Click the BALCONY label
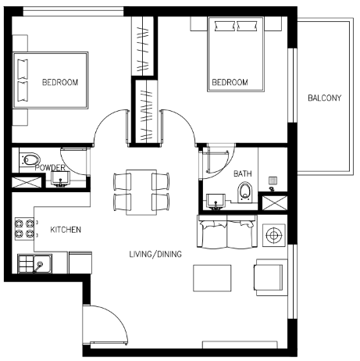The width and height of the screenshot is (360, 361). click(x=324, y=98)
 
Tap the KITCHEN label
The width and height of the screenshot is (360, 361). click(x=66, y=230)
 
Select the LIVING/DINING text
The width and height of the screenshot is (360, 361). click(x=155, y=254)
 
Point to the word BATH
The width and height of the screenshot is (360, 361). click(x=243, y=173)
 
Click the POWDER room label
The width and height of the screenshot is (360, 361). click(x=50, y=167)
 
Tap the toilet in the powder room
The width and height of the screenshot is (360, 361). click(x=30, y=159)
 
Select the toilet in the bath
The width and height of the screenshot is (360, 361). click(x=245, y=192)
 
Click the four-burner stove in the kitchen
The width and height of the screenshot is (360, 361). click(x=24, y=228)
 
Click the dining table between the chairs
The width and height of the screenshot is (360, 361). click(x=141, y=192)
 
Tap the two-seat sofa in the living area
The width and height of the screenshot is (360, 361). click(x=227, y=231)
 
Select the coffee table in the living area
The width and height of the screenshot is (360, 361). click(x=212, y=278)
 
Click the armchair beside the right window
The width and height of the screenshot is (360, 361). click(x=271, y=277)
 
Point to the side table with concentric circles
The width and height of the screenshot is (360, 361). click(x=274, y=235)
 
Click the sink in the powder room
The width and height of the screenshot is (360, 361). click(x=60, y=179)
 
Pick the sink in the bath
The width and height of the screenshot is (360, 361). click(x=216, y=202)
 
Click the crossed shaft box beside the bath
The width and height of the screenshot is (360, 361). click(x=274, y=203)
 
